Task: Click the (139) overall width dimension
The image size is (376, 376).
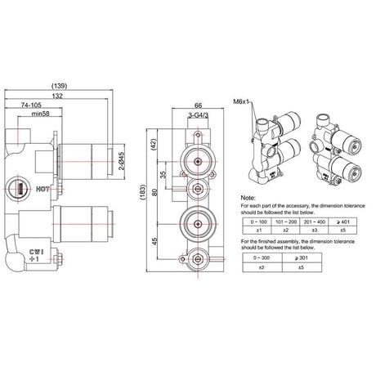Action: tap(59, 86)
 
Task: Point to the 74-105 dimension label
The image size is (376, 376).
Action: tap(34, 105)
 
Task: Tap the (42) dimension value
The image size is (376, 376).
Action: tap(154, 145)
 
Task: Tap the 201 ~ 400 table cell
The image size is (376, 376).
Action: tap(316, 221)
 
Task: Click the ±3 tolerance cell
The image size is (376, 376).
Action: tap(316, 231)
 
